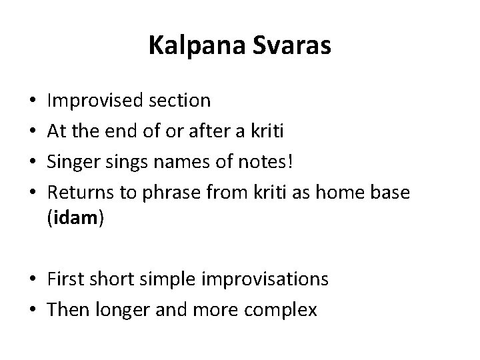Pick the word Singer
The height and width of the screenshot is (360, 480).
(72, 161)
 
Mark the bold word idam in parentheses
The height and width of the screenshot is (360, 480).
(75, 219)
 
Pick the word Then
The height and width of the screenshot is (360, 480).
(69, 309)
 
